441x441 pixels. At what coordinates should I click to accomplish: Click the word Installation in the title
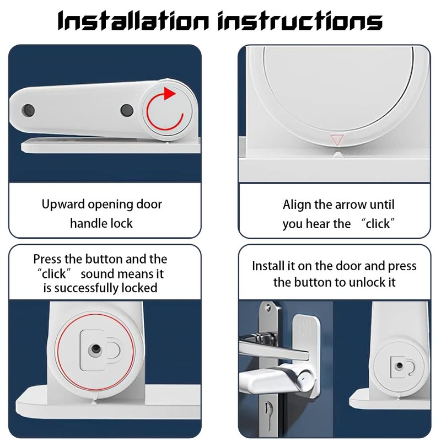(133, 21)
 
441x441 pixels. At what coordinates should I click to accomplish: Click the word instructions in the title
(300, 21)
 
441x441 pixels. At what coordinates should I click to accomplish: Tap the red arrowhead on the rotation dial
(169, 93)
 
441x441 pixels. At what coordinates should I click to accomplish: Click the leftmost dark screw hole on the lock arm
(28, 110)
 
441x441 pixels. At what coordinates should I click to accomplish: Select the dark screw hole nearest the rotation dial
(127, 110)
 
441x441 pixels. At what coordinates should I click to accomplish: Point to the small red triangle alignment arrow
(337, 140)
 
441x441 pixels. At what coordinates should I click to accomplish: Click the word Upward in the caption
(63, 205)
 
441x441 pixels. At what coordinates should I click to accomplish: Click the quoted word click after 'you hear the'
(378, 224)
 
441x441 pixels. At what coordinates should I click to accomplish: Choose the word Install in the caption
(267, 266)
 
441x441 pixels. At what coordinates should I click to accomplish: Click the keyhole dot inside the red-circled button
(95, 349)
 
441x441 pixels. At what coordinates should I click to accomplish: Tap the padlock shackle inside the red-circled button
(115, 350)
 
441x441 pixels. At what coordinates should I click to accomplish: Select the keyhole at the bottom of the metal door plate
(268, 411)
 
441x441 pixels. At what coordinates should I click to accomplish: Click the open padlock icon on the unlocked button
(402, 366)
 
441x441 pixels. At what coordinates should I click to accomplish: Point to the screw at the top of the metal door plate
(268, 308)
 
